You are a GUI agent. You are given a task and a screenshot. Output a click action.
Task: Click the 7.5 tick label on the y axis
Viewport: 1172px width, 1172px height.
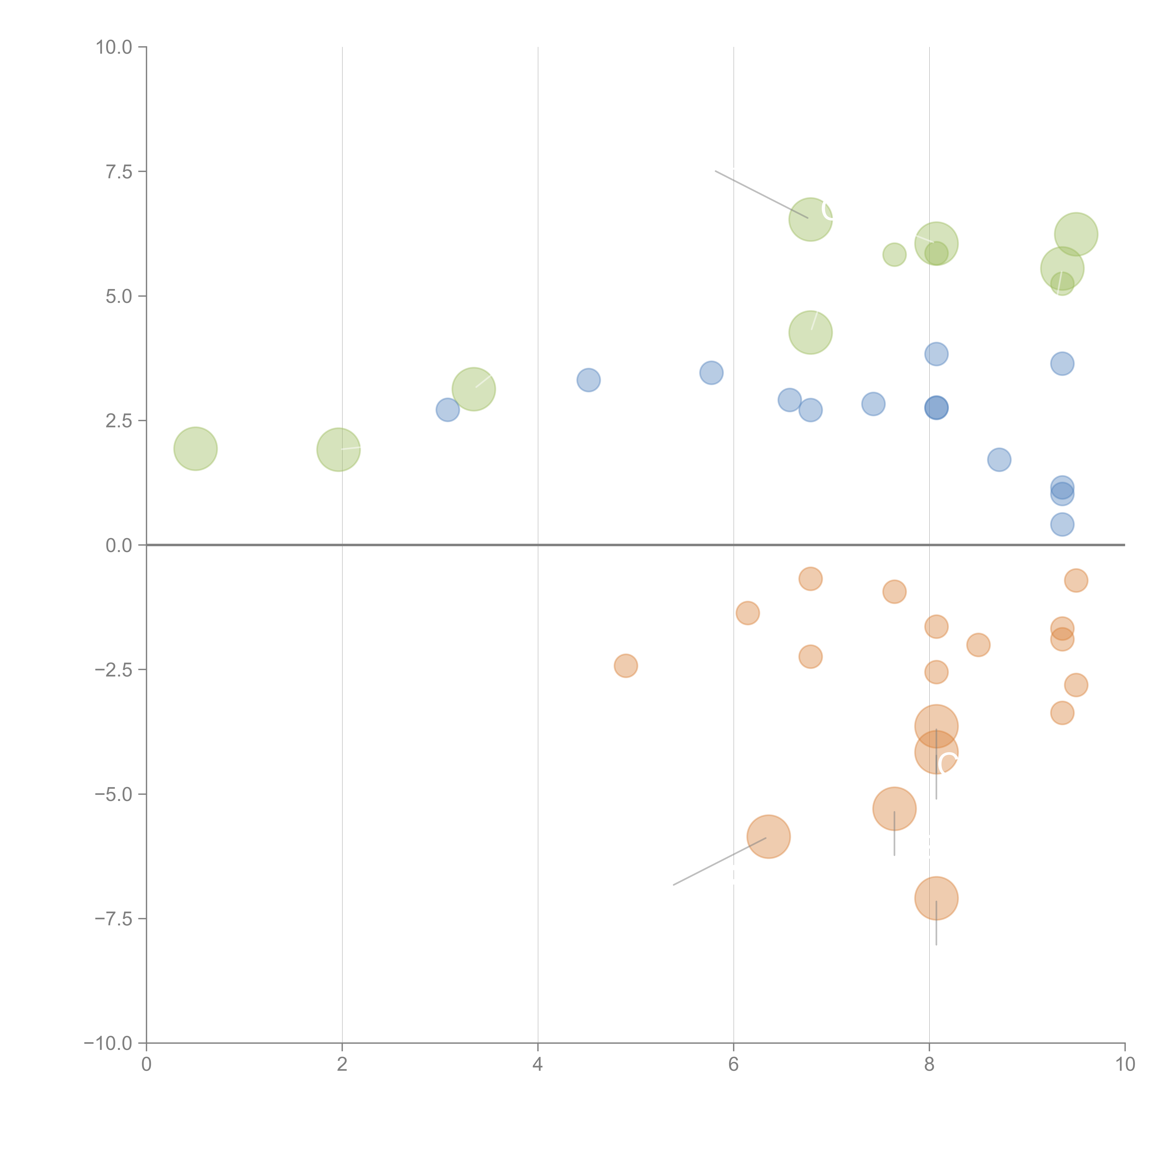(x=119, y=172)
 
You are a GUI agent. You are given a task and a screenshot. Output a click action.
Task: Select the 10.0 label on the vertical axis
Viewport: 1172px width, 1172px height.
(x=114, y=47)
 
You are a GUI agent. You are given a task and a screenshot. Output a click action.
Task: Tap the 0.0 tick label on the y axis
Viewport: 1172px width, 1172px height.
(x=119, y=545)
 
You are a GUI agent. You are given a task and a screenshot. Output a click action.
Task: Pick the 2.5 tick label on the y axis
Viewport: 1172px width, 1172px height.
(x=119, y=421)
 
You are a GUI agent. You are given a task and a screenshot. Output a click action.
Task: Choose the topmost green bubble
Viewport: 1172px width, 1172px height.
(x=811, y=220)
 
